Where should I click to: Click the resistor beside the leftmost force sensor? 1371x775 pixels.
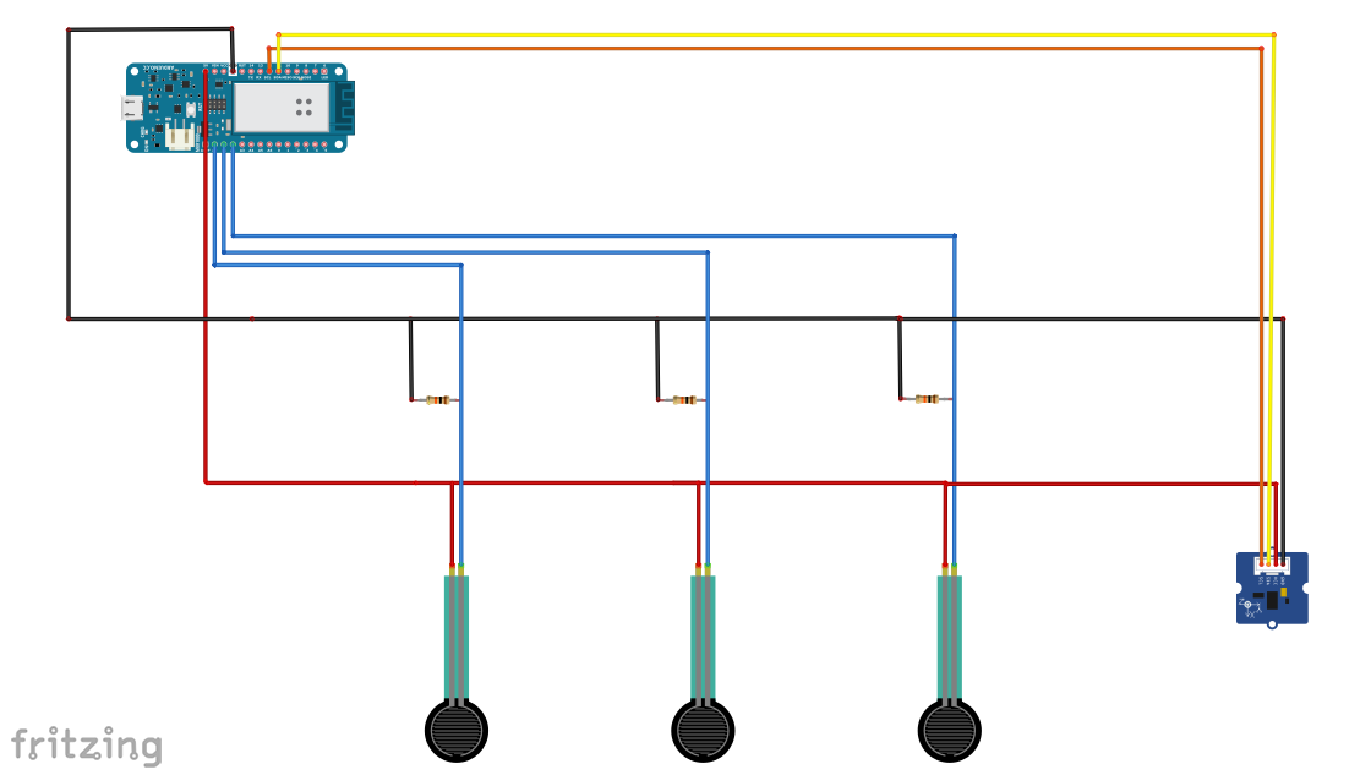point(437,400)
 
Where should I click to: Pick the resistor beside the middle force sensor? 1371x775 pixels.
point(684,400)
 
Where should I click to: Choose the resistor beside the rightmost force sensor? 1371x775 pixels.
point(927,400)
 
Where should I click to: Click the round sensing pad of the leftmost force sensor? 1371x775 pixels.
point(457,731)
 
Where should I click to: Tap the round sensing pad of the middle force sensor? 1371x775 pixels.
point(703,731)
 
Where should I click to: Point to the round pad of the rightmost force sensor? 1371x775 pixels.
point(949,731)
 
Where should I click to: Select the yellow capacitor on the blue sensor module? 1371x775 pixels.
point(1283,592)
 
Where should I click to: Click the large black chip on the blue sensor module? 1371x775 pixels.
point(1272,601)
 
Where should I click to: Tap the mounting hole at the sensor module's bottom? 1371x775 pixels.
point(1272,625)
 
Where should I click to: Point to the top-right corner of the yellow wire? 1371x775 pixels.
point(1274,35)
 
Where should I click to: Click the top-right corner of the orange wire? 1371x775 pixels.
point(1261,48)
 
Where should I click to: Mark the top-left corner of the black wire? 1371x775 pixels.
point(69,29)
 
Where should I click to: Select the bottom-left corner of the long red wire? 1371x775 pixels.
point(206,482)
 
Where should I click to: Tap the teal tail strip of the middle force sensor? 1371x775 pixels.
point(703,637)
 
